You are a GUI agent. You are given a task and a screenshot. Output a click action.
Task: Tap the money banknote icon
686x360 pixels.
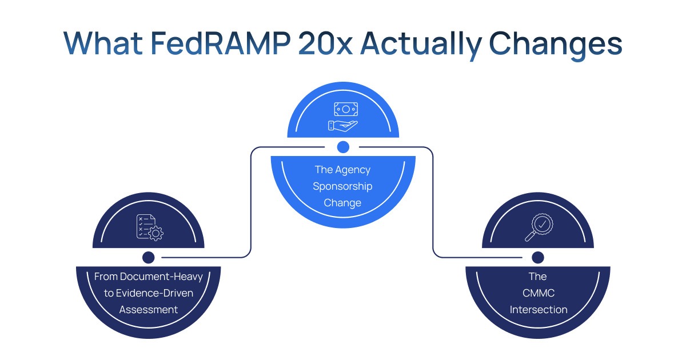(343, 109)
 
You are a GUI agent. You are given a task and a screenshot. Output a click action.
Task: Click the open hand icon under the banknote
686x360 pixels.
(343, 125)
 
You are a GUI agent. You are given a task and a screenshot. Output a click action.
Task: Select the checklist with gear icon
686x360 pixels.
(149, 227)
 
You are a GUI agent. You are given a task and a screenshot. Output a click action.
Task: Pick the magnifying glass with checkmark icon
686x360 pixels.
(537, 227)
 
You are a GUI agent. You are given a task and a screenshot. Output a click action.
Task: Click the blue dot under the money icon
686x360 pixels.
(343, 147)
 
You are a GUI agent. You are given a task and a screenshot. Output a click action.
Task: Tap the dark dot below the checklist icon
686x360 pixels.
(149, 257)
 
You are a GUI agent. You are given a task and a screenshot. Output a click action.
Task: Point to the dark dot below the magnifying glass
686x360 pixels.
(537, 257)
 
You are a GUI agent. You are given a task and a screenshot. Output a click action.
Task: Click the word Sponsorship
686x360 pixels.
(342, 186)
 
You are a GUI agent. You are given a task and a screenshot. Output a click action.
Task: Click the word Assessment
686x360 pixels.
(149, 310)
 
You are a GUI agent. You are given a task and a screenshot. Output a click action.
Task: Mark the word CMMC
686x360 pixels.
(537, 293)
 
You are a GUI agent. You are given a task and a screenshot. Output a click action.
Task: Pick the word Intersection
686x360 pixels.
(538, 310)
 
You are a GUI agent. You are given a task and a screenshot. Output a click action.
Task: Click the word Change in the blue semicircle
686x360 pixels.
(342, 203)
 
